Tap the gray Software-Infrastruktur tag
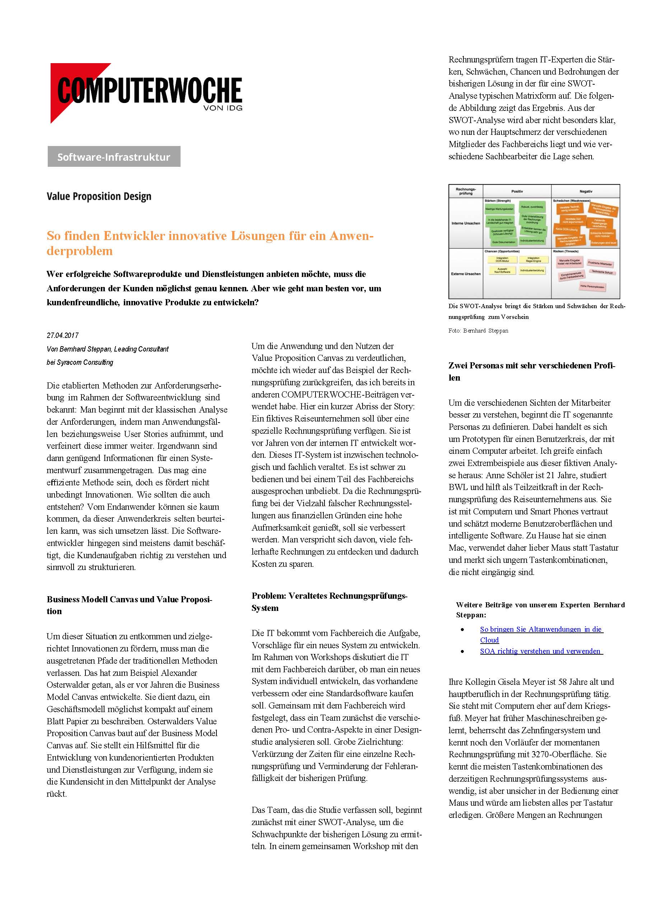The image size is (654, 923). point(114,157)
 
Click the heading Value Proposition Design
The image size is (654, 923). point(99,196)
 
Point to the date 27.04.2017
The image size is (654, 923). point(63,335)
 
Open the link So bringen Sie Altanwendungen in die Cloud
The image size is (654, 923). point(541,629)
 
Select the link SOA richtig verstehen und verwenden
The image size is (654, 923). point(541,651)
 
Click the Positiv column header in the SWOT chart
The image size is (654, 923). point(517,192)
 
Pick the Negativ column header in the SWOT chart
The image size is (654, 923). point(585,192)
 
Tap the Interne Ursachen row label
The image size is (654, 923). point(466,223)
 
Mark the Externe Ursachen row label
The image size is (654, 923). point(466,274)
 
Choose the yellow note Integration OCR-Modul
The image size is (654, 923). point(502,259)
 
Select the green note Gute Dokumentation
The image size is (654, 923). point(503,242)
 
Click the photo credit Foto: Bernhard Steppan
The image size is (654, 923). point(478,331)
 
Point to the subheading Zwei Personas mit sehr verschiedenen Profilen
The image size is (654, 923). point(532,371)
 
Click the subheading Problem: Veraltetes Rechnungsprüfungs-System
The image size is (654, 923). point(330,602)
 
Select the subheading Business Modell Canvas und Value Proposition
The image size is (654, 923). point(129,605)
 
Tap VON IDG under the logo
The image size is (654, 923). point(223,108)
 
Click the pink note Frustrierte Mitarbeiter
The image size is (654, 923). point(600,264)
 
